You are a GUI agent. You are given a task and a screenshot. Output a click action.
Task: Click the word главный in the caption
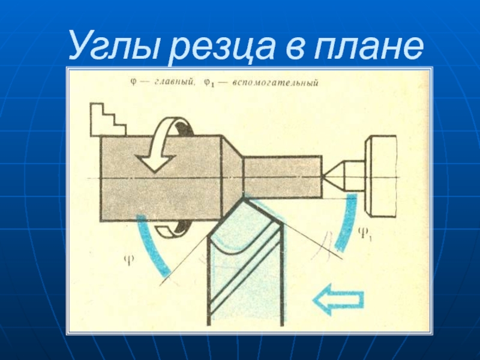(174, 82)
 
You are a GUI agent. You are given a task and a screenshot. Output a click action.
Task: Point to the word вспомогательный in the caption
(275, 83)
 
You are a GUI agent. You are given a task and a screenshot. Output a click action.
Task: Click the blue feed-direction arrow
(338, 299)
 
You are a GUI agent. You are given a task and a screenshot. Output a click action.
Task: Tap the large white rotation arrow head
(156, 162)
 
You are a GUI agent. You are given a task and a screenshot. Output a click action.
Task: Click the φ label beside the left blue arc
(129, 260)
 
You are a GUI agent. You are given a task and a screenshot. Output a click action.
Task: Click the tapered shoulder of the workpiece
(232, 178)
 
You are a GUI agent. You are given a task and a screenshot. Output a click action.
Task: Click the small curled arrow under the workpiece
(172, 230)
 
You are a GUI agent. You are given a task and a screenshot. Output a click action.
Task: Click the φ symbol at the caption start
(133, 82)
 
